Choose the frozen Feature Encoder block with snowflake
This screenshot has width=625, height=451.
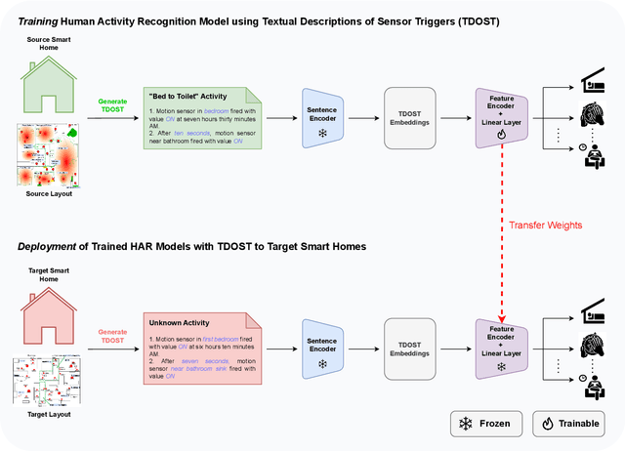pos(500,345)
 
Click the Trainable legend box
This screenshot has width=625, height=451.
pos(568,424)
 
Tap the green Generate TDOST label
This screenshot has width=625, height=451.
pos(113,104)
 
